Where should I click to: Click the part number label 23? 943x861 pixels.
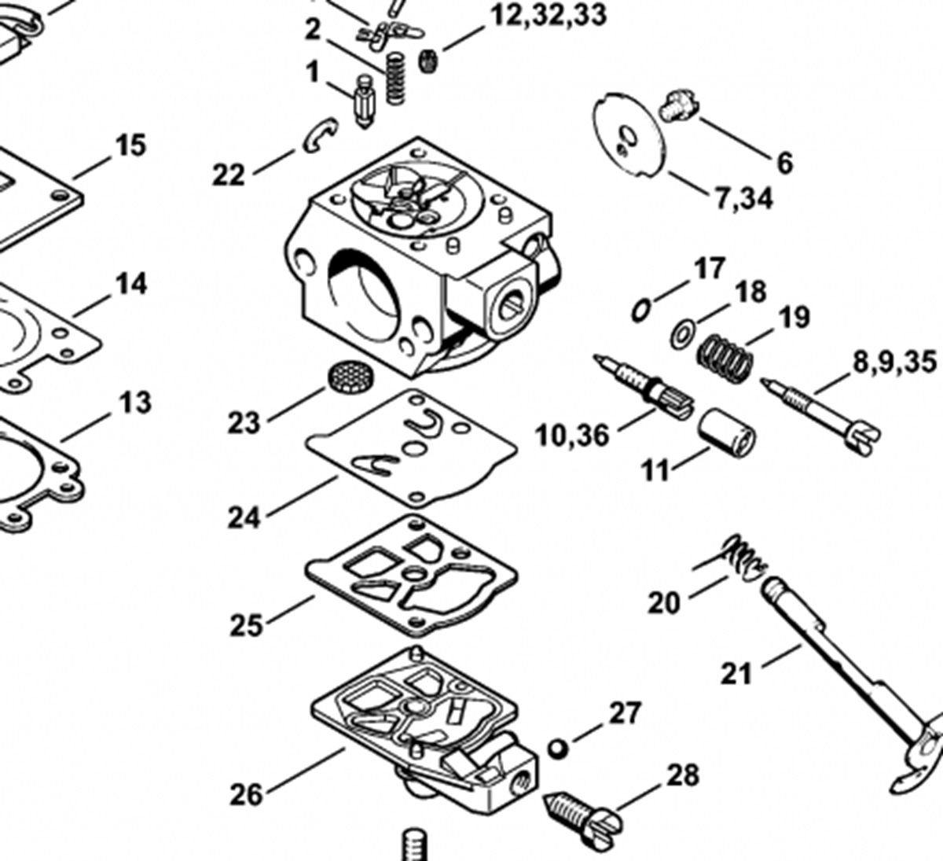(244, 423)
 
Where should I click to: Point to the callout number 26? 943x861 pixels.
(245, 795)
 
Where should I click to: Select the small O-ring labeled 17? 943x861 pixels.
(640, 309)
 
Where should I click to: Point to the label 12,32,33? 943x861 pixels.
(549, 16)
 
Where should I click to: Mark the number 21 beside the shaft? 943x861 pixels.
(736, 674)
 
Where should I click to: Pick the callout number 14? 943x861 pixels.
(131, 284)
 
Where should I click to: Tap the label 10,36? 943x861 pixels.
(572, 434)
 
